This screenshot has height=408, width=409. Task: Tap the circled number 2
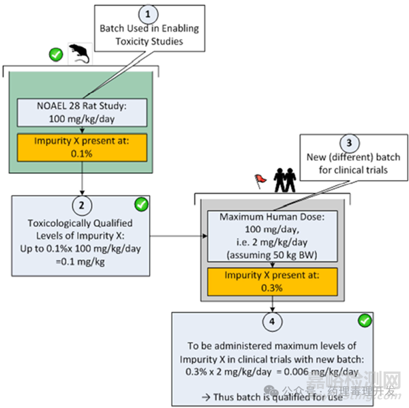[x=81, y=205]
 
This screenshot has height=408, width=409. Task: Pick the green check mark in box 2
[x=140, y=205]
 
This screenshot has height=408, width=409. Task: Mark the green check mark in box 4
[x=365, y=320]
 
